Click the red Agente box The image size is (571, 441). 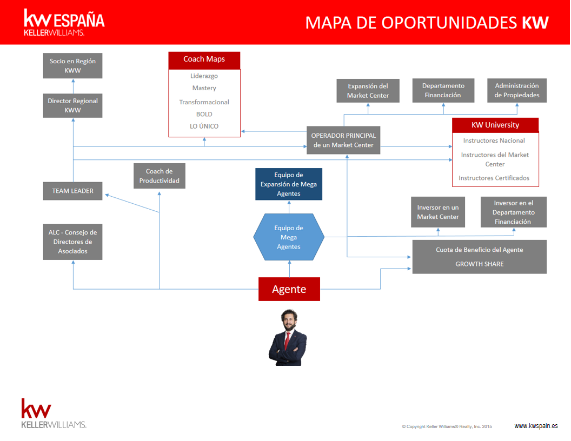pos(289,289)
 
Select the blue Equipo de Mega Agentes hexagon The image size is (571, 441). pos(289,237)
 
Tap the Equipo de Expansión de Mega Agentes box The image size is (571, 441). pos(289,184)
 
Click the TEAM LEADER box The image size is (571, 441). pos(72,191)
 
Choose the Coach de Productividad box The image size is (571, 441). pos(160,176)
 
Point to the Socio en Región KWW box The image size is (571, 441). pos(72,65)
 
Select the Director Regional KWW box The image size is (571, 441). pos(72,105)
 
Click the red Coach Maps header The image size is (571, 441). pos(204,59)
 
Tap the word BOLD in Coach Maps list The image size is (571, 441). pos(204,114)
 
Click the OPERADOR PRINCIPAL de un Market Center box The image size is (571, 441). pos(343,141)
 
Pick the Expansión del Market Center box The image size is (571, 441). pos(368,90)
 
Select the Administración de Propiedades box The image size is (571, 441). pos(517,90)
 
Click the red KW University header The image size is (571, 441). pos(495,125)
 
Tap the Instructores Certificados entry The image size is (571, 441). pos(494,178)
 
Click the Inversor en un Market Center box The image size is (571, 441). pos(437,212)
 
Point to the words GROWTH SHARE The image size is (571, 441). pos(479,264)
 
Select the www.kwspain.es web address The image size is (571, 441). pos(536,426)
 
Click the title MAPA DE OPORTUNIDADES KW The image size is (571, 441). pos(427,22)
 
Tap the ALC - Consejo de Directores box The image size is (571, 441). pos(72,242)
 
